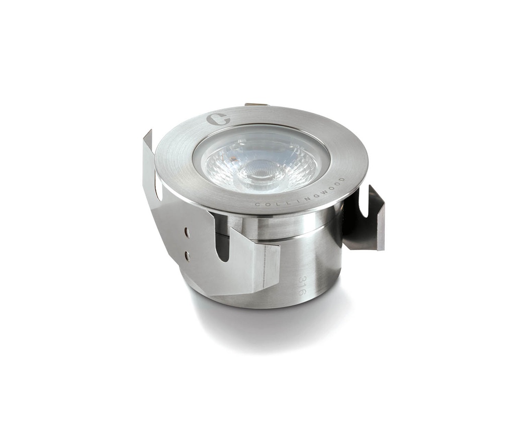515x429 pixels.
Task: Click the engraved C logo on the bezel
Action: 218,119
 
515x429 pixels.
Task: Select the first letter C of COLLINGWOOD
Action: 257,204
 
